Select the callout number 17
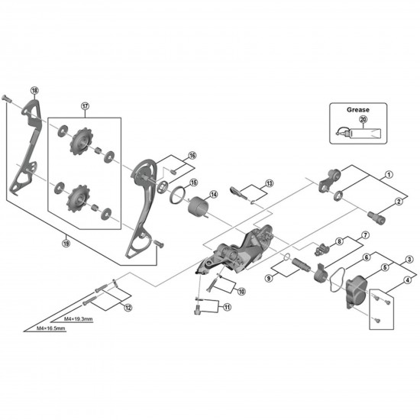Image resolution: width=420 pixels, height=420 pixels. [86, 106]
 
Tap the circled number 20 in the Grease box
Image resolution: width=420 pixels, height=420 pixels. [363, 119]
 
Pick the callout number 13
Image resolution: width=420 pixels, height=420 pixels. [269, 184]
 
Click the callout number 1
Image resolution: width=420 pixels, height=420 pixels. [389, 174]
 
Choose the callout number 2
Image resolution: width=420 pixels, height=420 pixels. [397, 201]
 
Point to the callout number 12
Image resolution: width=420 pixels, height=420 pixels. [127, 307]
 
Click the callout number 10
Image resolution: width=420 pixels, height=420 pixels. [241, 291]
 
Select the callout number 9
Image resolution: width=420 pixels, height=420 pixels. [269, 279]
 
